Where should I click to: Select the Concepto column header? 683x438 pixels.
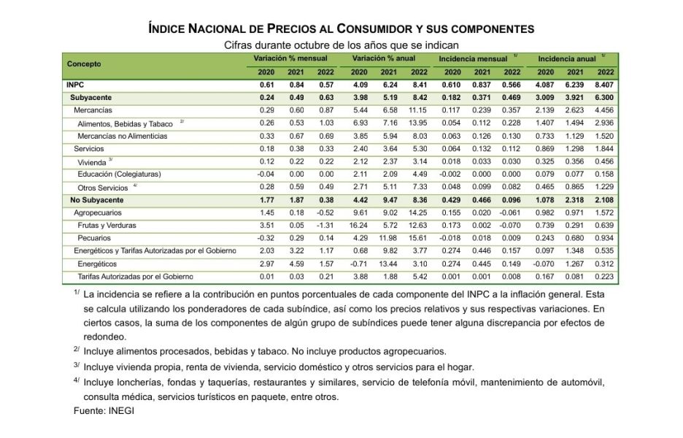(x=84, y=64)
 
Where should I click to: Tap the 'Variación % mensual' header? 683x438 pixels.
(x=290, y=58)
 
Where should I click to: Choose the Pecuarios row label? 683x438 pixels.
(x=94, y=238)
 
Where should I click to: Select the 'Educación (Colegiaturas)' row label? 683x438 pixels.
(x=119, y=174)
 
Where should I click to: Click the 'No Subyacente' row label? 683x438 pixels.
(x=99, y=200)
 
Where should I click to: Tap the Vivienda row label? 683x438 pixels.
(x=92, y=161)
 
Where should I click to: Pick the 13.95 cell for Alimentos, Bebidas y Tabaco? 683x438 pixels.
(x=418, y=123)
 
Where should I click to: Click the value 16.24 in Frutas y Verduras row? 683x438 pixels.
(x=359, y=226)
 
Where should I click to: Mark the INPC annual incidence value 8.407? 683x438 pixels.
(x=605, y=85)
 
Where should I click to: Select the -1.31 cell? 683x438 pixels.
(x=325, y=226)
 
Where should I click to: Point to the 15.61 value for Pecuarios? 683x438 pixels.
(x=418, y=238)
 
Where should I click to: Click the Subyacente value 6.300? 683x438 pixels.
(x=605, y=97)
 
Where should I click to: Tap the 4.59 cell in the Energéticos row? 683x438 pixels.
(x=296, y=264)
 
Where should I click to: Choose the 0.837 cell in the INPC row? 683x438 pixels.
(x=482, y=85)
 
